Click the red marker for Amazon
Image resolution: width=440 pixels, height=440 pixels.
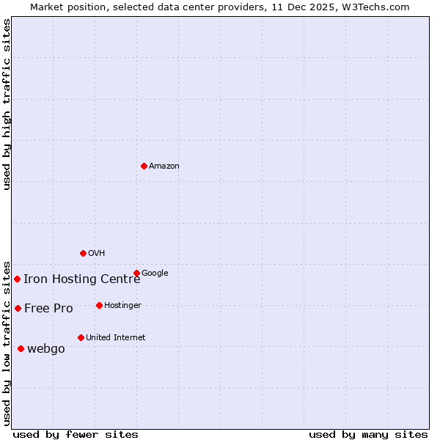pos(144,166)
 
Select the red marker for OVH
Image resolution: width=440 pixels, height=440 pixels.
pos(83,253)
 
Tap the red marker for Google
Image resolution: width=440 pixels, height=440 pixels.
pos(136,273)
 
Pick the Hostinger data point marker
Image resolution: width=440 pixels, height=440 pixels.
pos(99,305)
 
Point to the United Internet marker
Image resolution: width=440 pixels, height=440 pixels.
pos(81,337)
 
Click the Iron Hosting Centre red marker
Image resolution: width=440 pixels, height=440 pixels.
pos(17,279)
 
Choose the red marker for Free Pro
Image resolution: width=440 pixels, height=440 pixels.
pos(18,308)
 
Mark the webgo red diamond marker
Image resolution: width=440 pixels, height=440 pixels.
pos(21,348)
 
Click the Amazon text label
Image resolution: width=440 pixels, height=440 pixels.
pos(164,166)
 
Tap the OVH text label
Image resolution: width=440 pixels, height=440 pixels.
pos(97,254)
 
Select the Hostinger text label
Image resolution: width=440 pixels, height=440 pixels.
pos(122,306)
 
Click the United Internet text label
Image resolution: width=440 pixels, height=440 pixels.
pos(116,338)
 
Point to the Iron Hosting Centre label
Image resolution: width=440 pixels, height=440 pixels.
pos(81,279)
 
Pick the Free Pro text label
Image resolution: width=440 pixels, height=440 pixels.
pos(48,309)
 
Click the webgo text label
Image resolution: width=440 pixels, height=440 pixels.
pos(46,349)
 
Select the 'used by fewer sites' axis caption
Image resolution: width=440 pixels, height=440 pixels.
pos(76,434)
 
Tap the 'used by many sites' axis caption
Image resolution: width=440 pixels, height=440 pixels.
pos(368,434)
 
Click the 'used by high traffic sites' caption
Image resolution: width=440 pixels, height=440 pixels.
pos(7,104)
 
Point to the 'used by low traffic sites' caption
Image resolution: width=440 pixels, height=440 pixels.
pos(7,342)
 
